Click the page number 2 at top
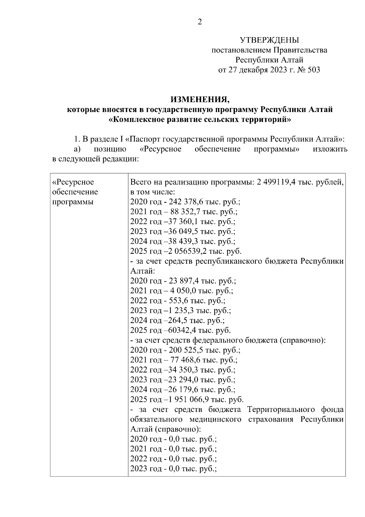200,22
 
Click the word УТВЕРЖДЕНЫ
269,40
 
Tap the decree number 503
314,70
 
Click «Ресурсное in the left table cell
73,182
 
